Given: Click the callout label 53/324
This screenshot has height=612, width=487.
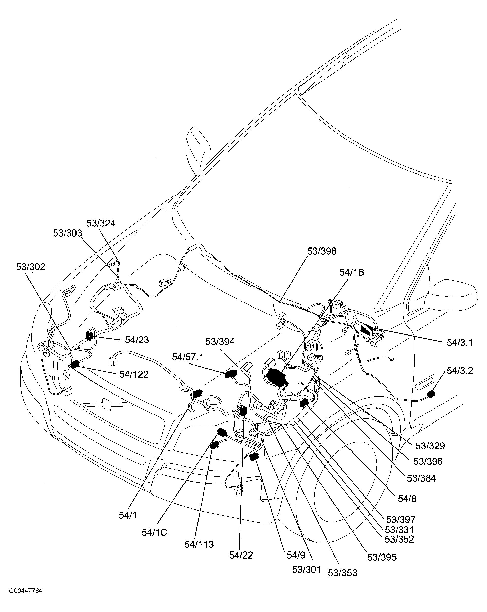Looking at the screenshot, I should click(x=101, y=223).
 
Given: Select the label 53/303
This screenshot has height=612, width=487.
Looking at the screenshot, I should click(x=68, y=233).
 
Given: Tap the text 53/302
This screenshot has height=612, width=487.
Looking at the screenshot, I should click(x=31, y=267).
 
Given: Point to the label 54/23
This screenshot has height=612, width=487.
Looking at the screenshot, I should click(x=137, y=340).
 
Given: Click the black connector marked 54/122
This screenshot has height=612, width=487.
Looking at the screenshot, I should click(x=75, y=364).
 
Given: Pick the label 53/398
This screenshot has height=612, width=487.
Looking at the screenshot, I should click(x=322, y=251).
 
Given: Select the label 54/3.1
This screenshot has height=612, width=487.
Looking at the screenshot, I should click(x=460, y=343).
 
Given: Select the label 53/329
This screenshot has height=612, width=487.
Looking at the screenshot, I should click(x=430, y=446).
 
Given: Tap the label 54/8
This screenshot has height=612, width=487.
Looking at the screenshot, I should click(x=407, y=499).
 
